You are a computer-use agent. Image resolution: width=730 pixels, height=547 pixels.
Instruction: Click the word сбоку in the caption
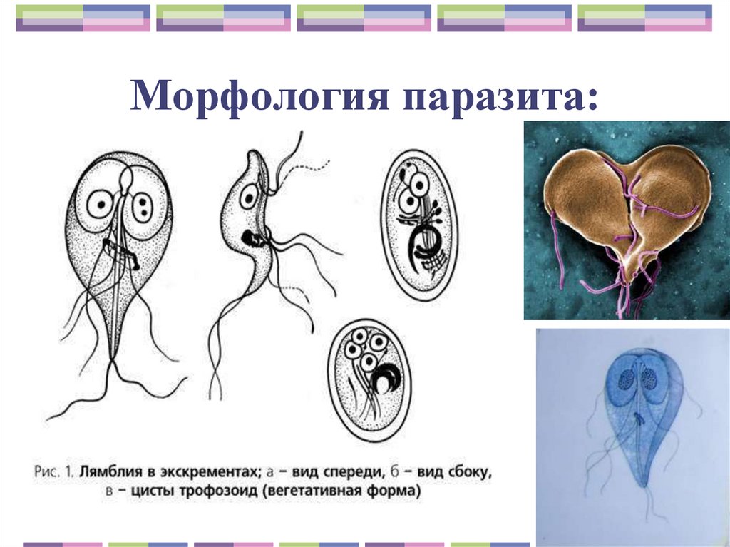click(464, 471)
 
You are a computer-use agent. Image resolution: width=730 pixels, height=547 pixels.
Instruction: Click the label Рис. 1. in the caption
click(53, 471)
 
